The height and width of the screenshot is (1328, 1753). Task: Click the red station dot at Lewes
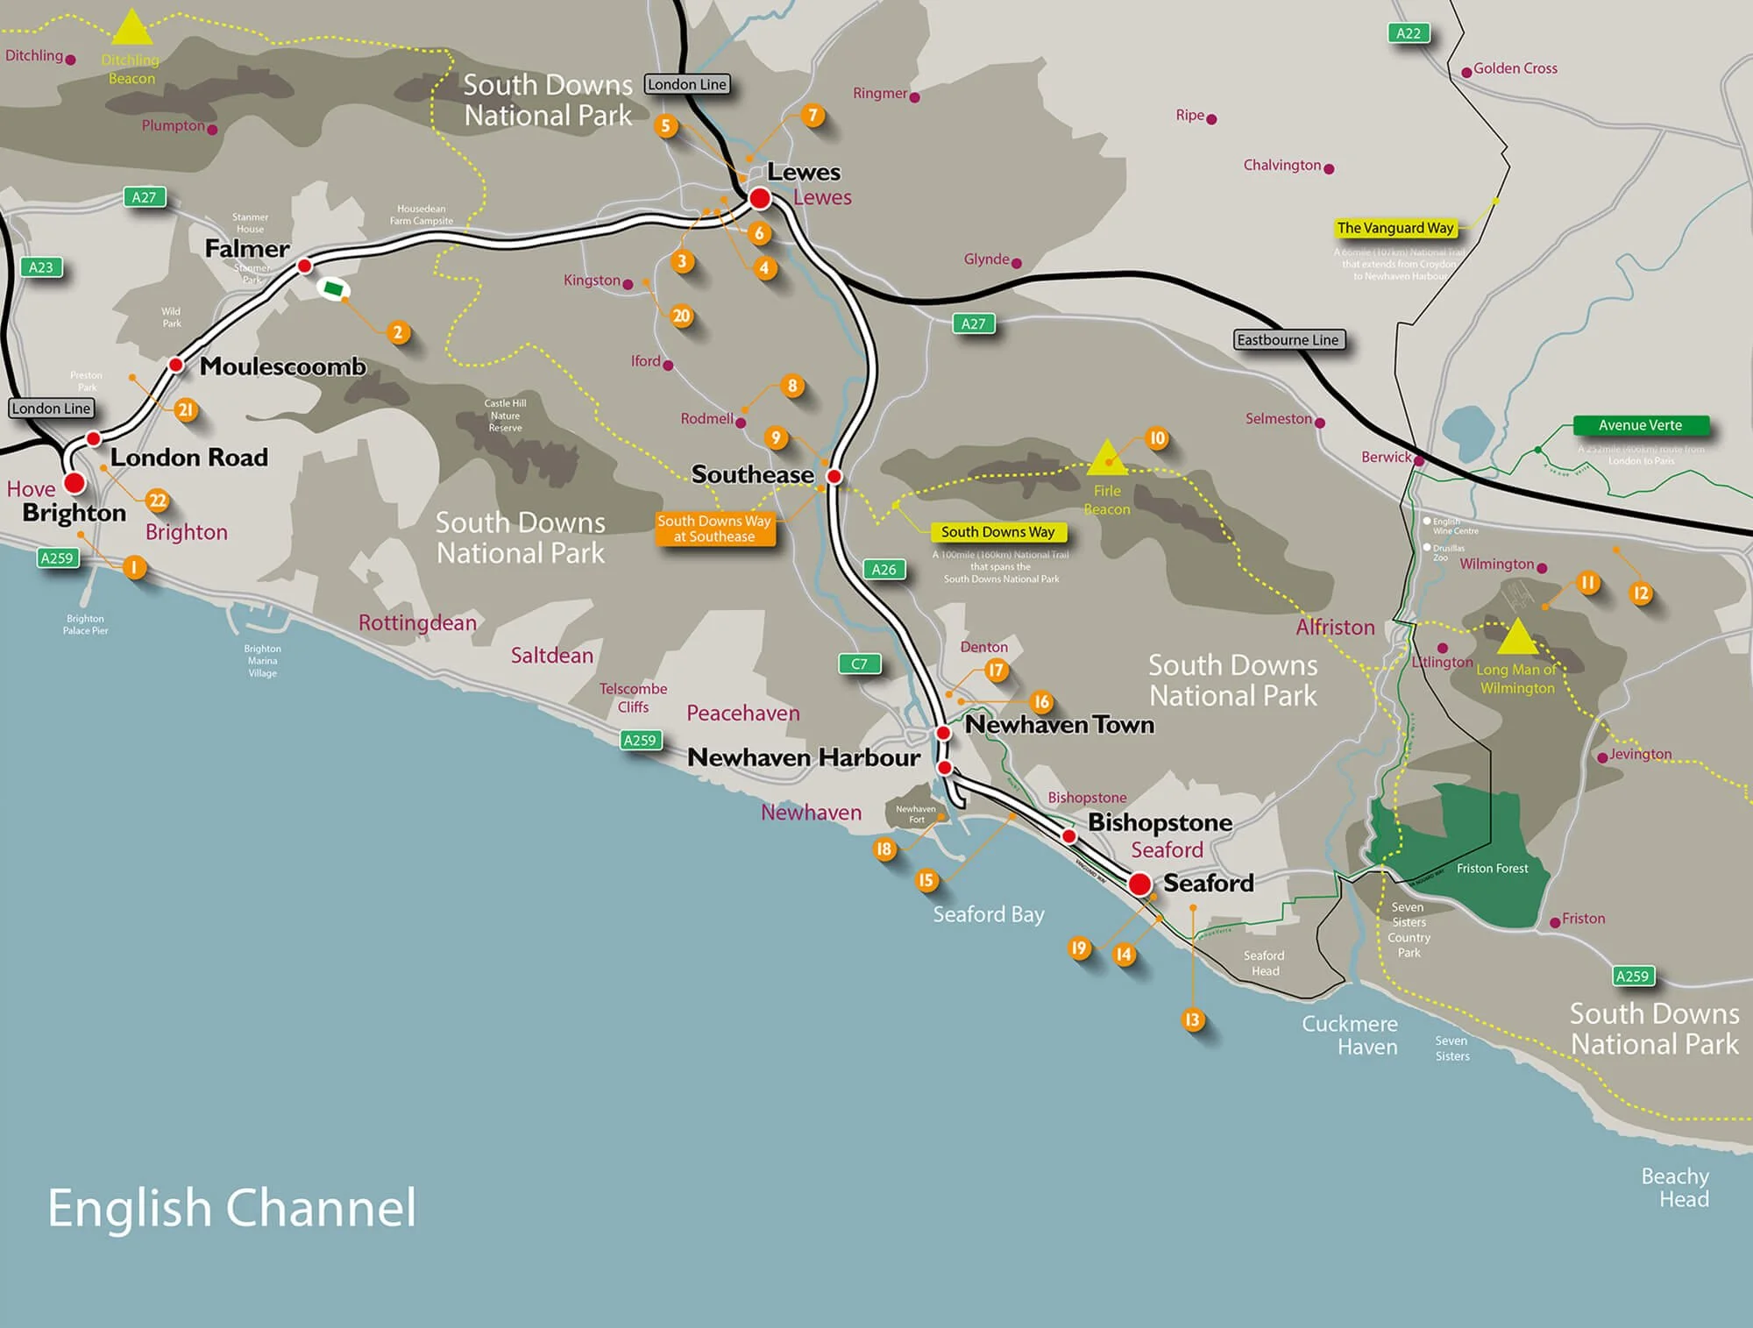click(760, 198)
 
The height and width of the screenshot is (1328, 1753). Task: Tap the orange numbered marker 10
click(1157, 438)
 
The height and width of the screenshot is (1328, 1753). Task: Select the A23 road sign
click(41, 267)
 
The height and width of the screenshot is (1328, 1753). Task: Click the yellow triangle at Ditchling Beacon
click(132, 29)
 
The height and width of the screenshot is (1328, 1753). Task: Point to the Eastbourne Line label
click(1288, 340)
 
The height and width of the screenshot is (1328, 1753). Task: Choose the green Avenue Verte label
click(1640, 425)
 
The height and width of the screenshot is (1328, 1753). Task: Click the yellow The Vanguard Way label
click(1395, 228)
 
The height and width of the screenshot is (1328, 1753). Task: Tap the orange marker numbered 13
click(1192, 1019)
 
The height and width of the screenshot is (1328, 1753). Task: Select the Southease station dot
click(834, 476)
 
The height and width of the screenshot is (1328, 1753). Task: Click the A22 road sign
click(1408, 33)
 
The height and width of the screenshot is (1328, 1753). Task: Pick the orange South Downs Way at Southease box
click(714, 529)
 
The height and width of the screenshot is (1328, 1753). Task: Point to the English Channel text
click(231, 1208)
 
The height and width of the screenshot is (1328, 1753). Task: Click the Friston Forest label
click(1492, 869)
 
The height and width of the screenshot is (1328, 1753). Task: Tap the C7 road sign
click(859, 664)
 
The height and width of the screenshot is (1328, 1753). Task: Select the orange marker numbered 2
click(398, 332)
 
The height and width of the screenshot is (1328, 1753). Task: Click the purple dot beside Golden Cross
click(1466, 73)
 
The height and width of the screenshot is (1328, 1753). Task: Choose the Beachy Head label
click(1675, 1188)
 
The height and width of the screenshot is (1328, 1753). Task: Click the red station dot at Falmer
click(305, 266)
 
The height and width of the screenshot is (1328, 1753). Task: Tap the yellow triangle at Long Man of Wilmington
click(1517, 638)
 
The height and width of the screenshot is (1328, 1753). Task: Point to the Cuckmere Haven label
click(1350, 1035)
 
